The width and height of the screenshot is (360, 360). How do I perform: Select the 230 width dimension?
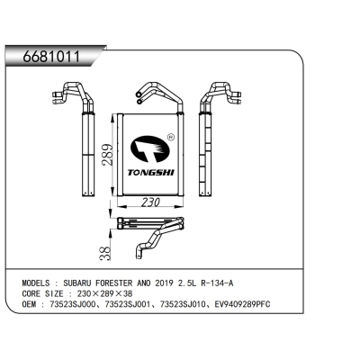click(x=150, y=202)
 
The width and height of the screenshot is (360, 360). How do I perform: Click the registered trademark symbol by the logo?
click(x=172, y=137)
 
